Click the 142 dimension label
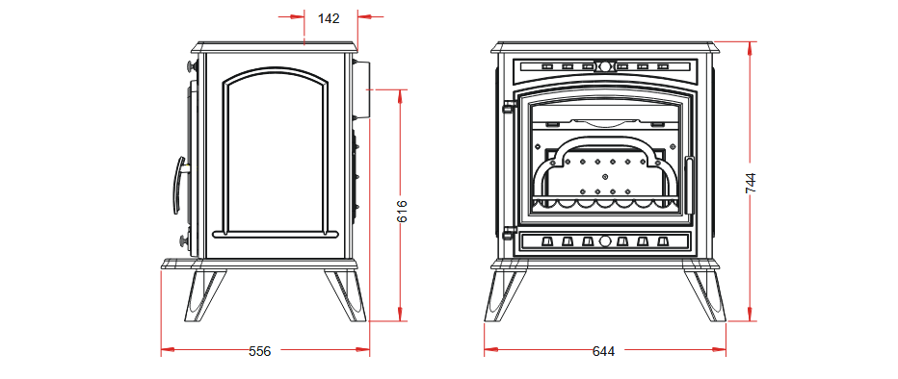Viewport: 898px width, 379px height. click(x=329, y=18)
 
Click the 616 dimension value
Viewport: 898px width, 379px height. click(x=402, y=211)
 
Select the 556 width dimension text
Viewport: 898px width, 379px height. click(x=259, y=351)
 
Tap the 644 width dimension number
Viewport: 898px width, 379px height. click(x=603, y=351)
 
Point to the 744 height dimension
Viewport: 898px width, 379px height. click(x=751, y=183)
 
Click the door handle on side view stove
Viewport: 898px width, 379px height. click(x=180, y=185)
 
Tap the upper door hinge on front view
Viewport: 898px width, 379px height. click(x=508, y=107)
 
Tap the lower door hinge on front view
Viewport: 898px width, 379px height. click(x=508, y=232)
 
